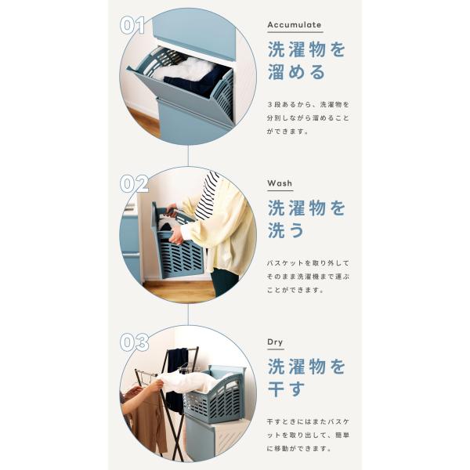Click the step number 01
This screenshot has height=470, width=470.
[x=132, y=25]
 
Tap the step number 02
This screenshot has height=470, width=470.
[x=134, y=184]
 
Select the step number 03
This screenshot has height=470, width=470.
[x=134, y=342]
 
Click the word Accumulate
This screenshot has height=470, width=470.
[x=294, y=24]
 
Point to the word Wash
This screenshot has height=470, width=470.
[x=280, y=183]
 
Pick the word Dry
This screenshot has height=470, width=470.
[x=275, y=342]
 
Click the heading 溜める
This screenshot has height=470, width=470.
[x=296, y=72]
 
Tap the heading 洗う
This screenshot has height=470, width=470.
[x=286, y=230]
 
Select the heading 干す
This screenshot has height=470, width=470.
[x=286, y=389]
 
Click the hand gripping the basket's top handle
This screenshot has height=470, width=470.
[x=173, y=211]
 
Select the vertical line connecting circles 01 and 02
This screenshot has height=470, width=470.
[x=188, y=155]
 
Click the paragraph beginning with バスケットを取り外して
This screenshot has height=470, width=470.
[x=308, y=277]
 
